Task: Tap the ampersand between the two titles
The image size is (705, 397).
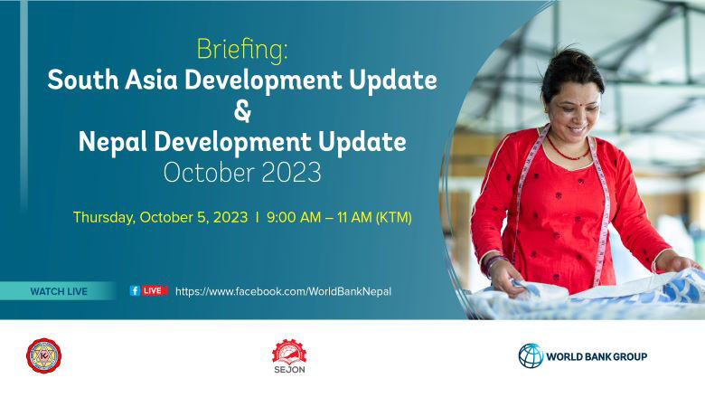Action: click(241, 112)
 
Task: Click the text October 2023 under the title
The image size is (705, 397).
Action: click(241, 172)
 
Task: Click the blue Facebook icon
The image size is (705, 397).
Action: click(134, 291)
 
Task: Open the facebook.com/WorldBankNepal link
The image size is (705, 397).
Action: click(283, 291)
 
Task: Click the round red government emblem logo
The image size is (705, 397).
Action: click(43, 356)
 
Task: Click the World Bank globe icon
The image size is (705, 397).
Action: click(531, 356)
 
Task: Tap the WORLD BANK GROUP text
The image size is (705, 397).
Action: click(597, 356)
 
